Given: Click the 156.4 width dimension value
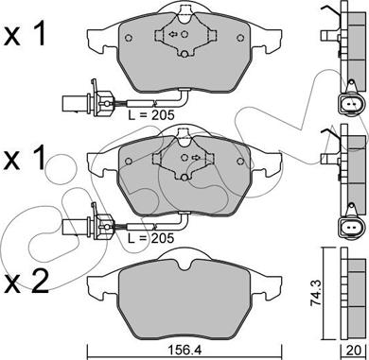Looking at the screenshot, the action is pyautogui.click(x=184, y=350).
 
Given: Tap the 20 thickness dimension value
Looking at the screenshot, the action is pyautogui.click(x=355, y=350).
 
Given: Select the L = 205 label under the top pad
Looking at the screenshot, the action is pyautogui.click(x=151, y=115).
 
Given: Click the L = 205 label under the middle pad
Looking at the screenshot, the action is pyautogui.click(x=151, y=238).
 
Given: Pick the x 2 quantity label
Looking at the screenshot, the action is pyautogui.click(x=26, y=282).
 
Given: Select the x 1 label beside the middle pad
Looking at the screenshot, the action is pyautogui.click(x=26, y=158).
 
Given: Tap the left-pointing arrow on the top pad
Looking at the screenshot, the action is pyautogui.click(x=173, y=34).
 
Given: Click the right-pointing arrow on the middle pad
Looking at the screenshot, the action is pyautogui.click(x=196, y=157).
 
